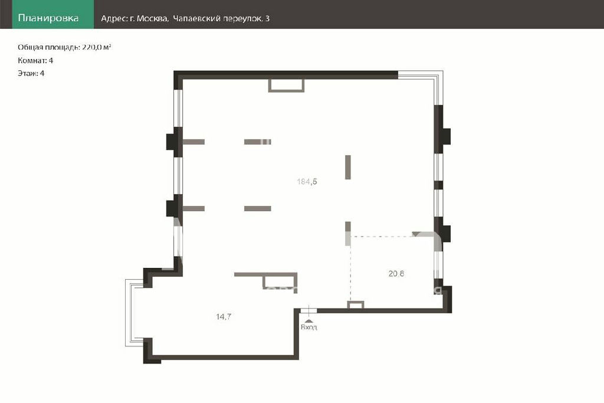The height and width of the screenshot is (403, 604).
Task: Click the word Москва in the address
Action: [152, 18]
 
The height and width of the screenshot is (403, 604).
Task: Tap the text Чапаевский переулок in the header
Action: [217, 18]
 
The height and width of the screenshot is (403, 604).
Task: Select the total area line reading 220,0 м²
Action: [64, 47]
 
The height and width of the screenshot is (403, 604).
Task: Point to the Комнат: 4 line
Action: [35, 61]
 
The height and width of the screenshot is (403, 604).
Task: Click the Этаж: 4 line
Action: [31, 73]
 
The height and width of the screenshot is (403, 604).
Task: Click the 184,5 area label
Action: [307, 182]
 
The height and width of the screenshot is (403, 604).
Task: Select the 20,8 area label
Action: [396, 274]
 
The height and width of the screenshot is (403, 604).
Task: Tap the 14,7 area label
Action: [224, 317]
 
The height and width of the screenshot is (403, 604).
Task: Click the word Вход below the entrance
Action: [308, 327]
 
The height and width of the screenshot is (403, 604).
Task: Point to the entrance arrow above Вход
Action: [309, 320]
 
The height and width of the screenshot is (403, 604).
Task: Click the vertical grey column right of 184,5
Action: [348, 167]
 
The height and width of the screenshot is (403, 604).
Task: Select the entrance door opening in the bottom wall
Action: [308, 310]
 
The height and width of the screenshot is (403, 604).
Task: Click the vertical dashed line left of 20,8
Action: [350, 269]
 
